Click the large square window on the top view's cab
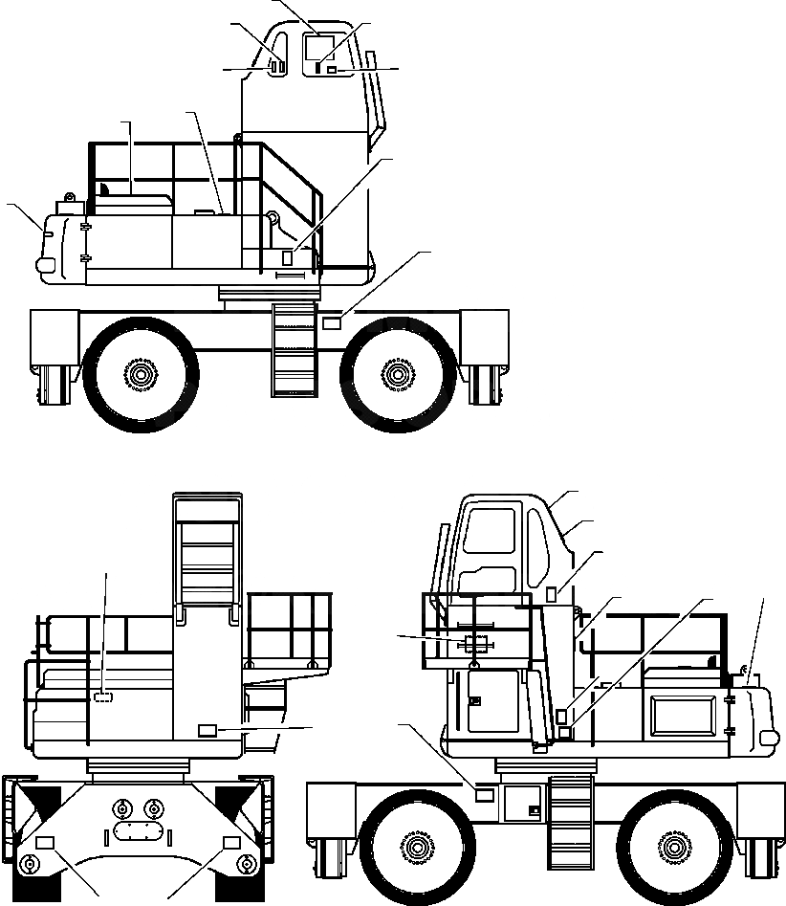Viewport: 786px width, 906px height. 318,48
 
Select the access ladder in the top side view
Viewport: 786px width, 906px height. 294,349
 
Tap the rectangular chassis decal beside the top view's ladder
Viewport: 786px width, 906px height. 332,323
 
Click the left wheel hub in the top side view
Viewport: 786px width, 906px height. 141,373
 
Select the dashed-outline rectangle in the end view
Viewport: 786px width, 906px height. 103,698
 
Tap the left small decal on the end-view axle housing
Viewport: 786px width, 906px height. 45,842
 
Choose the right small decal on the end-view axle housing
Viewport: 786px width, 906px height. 230,842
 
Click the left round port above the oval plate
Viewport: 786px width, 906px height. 120,806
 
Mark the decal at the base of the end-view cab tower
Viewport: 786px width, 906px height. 207,731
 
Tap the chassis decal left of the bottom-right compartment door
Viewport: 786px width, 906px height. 485,794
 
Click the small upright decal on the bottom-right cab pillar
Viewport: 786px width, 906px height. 551,594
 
